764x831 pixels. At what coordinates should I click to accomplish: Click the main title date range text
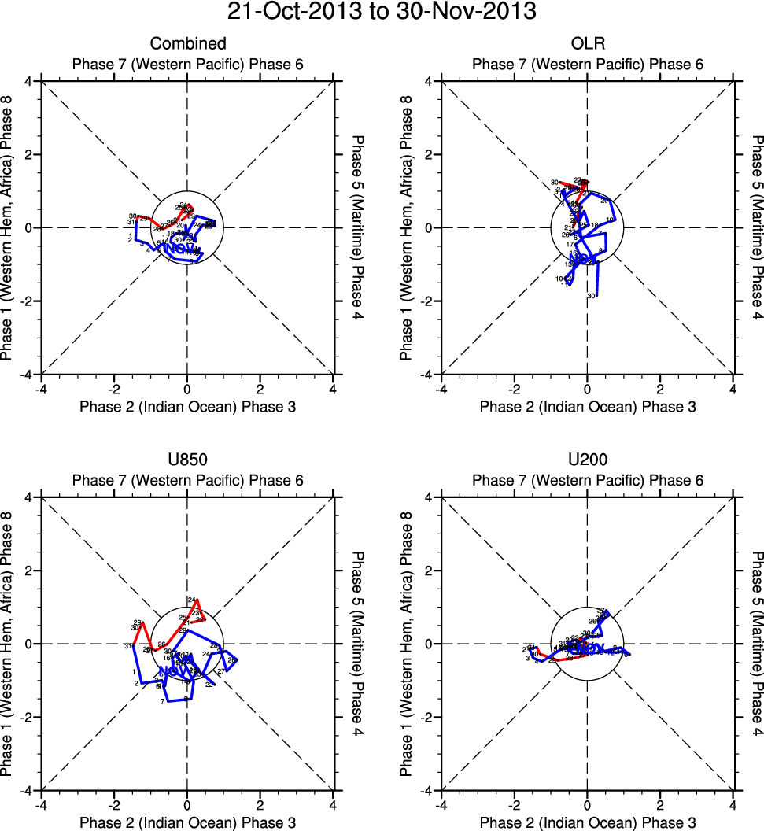382,13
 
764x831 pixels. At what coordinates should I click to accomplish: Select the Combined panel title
188,44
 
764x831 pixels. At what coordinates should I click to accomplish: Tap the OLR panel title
587,44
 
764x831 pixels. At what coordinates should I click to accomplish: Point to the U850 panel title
188,460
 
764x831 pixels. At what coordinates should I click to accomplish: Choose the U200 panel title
587,460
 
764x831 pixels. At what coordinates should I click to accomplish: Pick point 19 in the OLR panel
610,220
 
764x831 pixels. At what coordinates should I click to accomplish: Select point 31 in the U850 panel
127,646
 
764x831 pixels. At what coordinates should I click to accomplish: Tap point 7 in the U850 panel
162,701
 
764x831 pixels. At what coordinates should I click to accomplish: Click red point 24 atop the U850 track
191,600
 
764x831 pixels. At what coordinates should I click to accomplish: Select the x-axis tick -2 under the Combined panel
113,389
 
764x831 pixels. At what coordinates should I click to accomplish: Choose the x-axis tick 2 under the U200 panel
660,805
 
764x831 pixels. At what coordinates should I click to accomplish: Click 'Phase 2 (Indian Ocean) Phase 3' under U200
587,823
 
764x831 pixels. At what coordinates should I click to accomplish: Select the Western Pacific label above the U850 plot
188,481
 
